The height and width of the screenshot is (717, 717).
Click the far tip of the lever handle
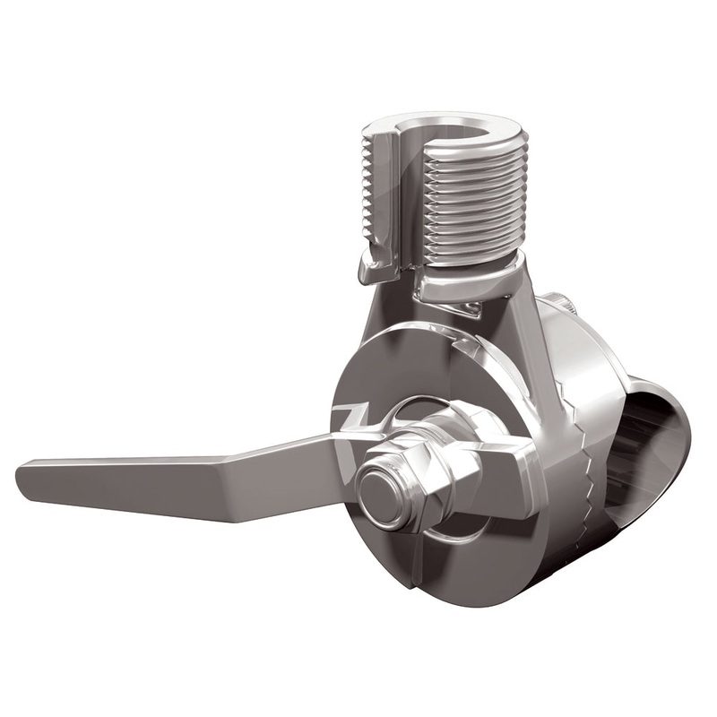coord(22,471)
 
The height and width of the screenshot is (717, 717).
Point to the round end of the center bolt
coord(382,494)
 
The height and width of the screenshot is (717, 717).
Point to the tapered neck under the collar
coord(502,314)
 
